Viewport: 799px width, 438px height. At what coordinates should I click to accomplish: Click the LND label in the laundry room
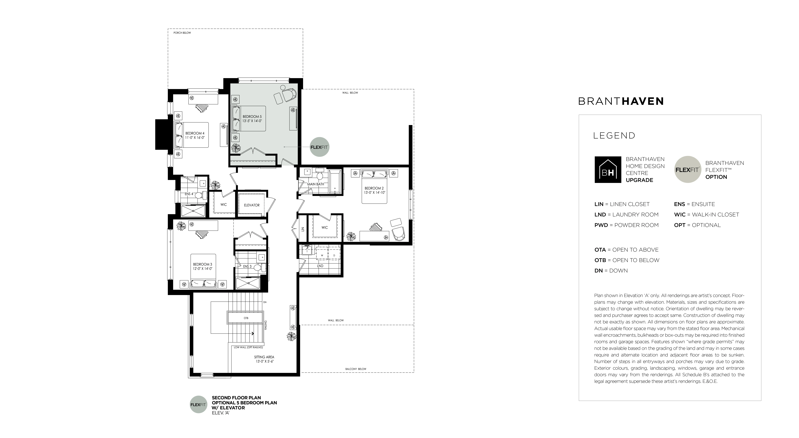point(320,266)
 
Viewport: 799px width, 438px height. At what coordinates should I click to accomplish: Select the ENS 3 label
point(247,266)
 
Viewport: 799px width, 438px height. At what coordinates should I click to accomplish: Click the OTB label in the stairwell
point(246,318)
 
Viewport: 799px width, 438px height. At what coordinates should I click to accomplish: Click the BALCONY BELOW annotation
point(356,369)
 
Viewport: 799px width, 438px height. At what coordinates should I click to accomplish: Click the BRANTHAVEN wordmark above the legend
point(621,101)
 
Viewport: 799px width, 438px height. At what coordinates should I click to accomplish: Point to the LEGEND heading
point(614,136)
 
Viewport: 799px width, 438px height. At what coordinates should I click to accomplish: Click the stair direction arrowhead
point(253,333)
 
